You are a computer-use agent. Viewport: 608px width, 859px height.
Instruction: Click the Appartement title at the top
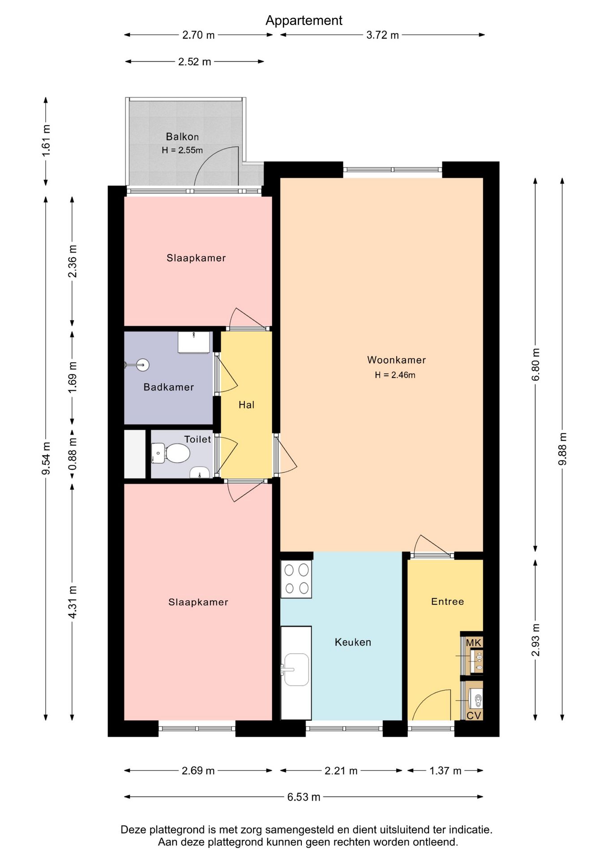click(304, 21)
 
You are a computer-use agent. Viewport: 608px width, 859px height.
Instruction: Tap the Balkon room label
click(182, 136)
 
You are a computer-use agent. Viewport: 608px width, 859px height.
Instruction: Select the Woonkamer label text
click(396, 360)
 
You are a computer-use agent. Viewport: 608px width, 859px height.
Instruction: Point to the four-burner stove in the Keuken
click(296, 579)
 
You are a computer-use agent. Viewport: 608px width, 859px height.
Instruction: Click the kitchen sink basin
click(296, 669)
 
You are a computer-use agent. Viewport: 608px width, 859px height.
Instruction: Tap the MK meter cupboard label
click(473, 643)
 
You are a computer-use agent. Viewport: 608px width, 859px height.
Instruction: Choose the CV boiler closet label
click(474, 715)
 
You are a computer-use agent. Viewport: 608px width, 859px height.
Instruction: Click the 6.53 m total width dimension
click(304, 797)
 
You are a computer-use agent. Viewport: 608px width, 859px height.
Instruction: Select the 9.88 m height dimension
click(562, 449)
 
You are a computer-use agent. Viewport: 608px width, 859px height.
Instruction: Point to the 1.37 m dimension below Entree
click(445, 770)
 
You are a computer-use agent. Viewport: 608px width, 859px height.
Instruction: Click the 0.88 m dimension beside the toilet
click(73, 454)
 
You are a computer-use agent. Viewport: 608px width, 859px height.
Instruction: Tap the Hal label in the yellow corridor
click(246, 405)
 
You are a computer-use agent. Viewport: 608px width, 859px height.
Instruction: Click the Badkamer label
click(169, 387)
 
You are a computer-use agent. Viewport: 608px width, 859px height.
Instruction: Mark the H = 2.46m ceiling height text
click(395, 375)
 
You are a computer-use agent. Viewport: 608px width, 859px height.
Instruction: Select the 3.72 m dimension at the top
click(382, 35)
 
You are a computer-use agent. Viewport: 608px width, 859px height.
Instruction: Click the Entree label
click(447, 601)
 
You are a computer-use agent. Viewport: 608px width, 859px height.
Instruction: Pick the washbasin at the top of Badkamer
click(194, 342)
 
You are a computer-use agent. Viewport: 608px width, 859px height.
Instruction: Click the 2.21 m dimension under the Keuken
click(341, 770)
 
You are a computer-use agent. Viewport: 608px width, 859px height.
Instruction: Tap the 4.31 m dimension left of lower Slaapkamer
click(73, 602)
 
